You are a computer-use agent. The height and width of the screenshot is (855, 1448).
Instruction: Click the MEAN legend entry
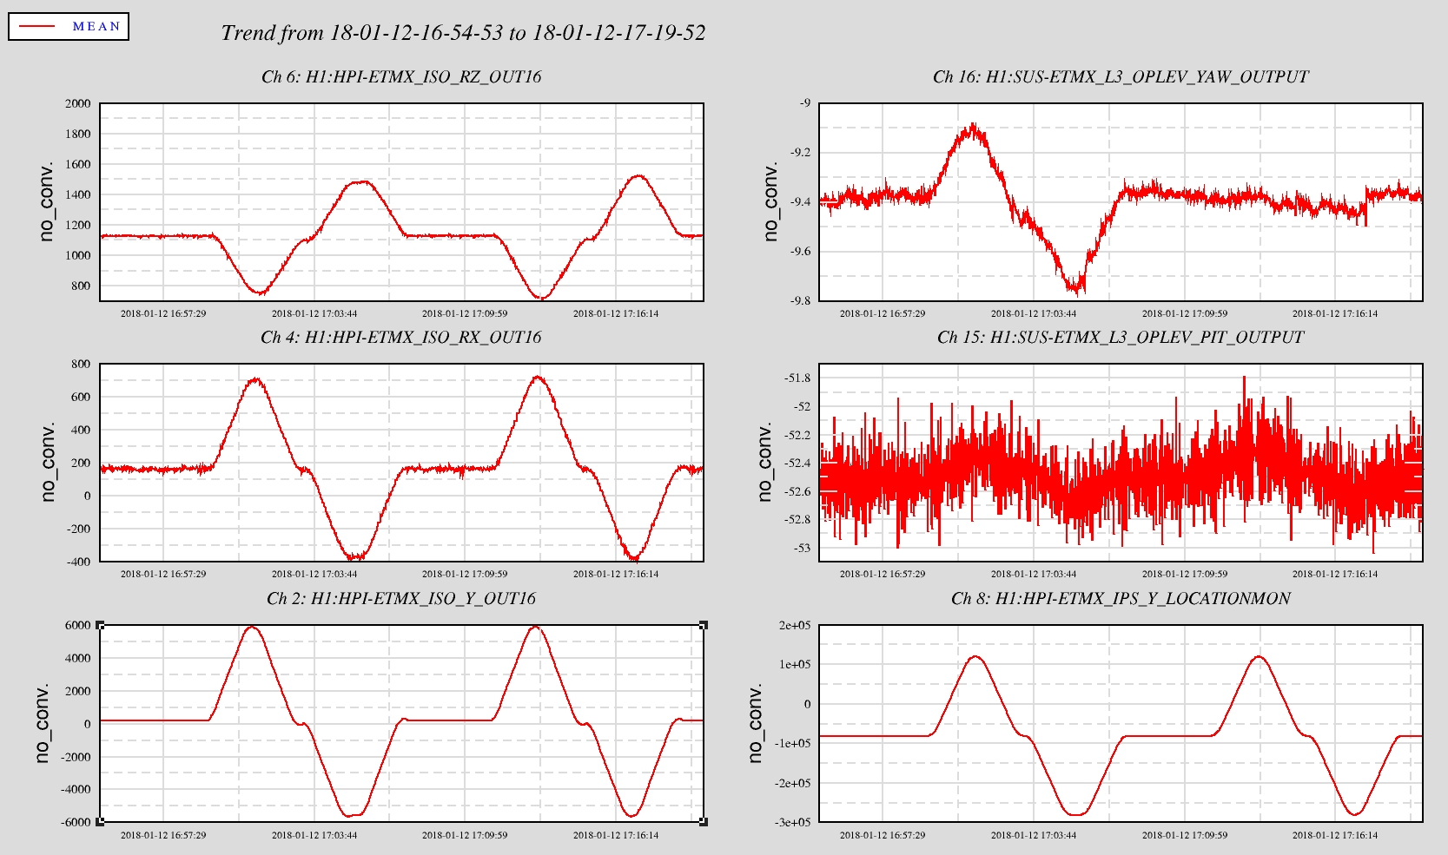69,26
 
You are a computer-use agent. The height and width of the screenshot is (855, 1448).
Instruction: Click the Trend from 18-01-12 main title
463,33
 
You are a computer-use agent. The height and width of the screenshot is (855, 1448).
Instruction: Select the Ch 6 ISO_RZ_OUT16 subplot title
401,76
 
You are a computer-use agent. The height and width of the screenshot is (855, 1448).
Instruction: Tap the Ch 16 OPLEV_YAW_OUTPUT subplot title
1121,76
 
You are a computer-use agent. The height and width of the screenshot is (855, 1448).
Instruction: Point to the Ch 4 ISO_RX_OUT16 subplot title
401,337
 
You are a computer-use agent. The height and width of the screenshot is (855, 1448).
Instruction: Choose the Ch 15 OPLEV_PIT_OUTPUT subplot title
1121,337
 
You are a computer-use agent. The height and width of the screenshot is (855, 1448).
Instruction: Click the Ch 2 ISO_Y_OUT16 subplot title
401,598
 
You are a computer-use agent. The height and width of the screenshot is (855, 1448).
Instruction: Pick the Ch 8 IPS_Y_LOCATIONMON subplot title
1121,598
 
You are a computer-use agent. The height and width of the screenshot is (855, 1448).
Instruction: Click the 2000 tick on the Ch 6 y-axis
77,103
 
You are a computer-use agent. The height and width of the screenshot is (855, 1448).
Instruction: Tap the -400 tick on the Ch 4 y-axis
77,562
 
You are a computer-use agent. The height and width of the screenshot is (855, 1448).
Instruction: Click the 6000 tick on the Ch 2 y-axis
77,625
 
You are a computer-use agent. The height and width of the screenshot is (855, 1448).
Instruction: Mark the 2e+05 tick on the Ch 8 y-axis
795,625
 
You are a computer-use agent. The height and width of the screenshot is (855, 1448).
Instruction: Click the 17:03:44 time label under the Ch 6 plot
314,313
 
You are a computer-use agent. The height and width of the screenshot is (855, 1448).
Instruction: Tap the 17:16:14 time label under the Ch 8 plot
1335,835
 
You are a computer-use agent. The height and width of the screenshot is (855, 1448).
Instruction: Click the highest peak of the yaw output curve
974,125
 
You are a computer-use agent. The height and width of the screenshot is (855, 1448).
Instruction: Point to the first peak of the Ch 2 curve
252,627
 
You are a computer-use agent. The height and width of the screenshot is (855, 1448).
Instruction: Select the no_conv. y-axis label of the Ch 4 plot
47,462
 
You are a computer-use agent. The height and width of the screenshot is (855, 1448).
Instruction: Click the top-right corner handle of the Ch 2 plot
703,625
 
